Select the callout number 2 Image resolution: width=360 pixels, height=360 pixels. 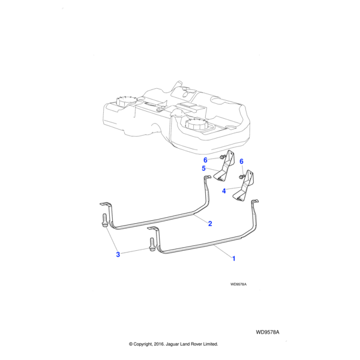pyautogui.click(x=210, y=224)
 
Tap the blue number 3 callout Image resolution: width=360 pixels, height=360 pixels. pyautogui.click(x=118, y=254)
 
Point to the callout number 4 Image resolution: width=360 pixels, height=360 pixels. pyautogui.click(x=224, y=191)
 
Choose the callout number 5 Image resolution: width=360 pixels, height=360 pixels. pyautogui.click(x=204, y=169)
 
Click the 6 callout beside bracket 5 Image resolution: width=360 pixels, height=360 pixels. pyautogui.click(x=205, y=160)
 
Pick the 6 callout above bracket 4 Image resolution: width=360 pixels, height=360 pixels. pyautogui.click(x=241, y=161)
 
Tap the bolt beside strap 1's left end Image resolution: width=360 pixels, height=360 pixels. pyautogui.click(x=151, y=244)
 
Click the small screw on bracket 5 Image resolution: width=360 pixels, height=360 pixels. pyautogui.click(x=223, y=157)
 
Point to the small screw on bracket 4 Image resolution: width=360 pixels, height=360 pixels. pyautogui.click(x=241, y=176)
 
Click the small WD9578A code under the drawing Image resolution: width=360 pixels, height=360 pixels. pyautogui.click(x=238, y=286)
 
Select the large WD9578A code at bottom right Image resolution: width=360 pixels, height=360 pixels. pyautogui.click(x=268, y=331)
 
